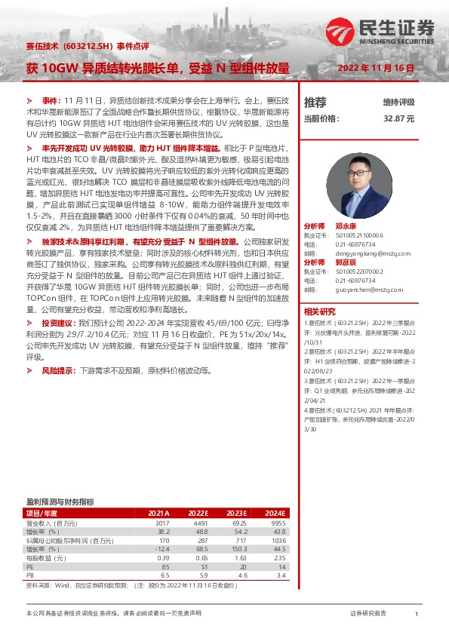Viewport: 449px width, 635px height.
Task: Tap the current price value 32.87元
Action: pos(399,118)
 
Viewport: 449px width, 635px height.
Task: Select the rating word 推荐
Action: pos(315,102)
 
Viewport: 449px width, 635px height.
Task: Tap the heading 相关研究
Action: pos(319,311)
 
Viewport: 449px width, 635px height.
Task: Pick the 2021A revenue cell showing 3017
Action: pos(162,522)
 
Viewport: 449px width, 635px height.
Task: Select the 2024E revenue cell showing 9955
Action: pos(280,522)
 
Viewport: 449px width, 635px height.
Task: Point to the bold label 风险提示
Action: pos(60,371)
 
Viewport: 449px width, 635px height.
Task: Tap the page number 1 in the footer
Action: pos(417,614)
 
